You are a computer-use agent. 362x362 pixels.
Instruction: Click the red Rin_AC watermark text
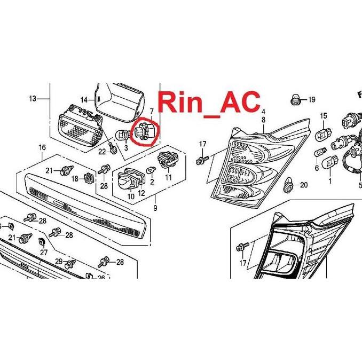209,104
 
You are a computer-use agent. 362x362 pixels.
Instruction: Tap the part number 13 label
33,99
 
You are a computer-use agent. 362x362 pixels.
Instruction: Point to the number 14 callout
84,100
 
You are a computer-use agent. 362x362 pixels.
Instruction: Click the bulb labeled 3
122,135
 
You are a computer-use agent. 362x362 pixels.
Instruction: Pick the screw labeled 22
113,148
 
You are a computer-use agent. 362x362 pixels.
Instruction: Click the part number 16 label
42,147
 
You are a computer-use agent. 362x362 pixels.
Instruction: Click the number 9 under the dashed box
155,208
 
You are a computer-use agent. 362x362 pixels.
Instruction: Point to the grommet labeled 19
295,99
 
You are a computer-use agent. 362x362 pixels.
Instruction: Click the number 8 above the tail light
263,120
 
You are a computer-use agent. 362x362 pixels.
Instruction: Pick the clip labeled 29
70,264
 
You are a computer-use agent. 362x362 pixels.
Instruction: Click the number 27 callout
44,253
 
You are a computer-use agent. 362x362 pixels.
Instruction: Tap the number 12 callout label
141,193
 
